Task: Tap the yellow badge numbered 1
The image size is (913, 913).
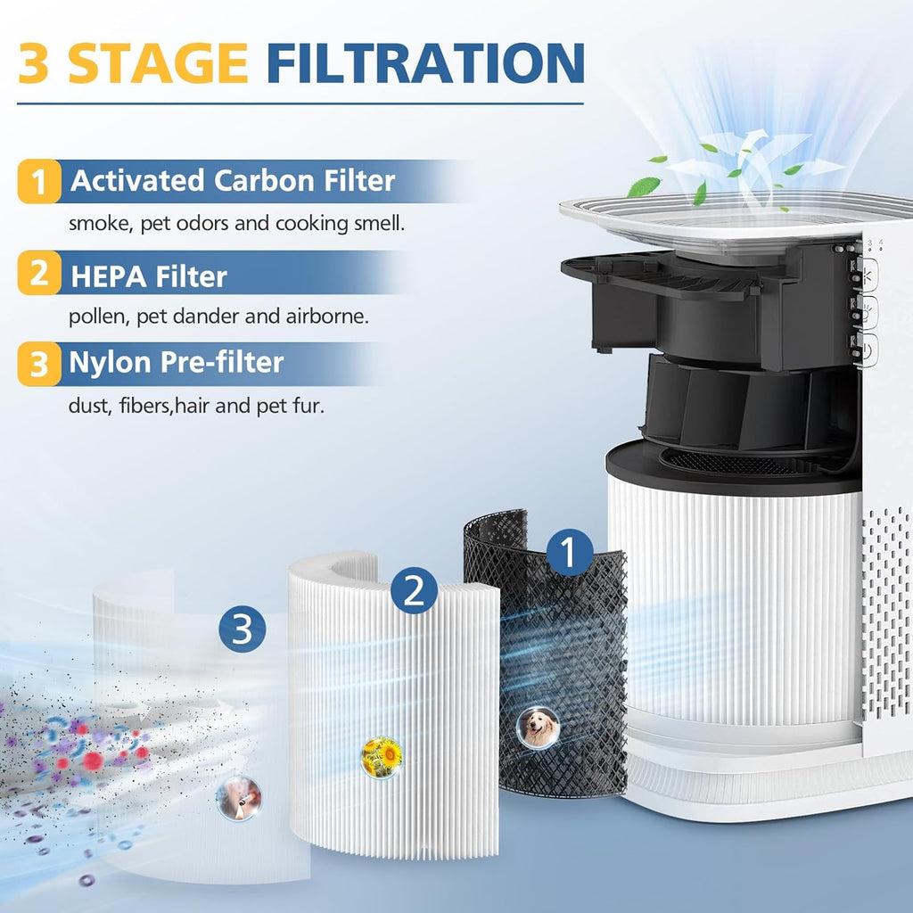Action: point(39,182)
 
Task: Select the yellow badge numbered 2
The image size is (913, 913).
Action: point(39,273)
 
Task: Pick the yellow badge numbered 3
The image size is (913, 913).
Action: point(39,364)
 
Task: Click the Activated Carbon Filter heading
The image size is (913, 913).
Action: point(232,181)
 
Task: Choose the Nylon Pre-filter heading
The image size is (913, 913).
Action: point(177,363)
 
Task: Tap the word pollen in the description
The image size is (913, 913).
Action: point(95,316)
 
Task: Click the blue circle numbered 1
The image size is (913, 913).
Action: point(569,552)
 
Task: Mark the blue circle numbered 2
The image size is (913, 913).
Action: point(414,590)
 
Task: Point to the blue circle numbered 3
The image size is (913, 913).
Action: point(243,629)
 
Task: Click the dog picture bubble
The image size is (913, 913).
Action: point(539,728)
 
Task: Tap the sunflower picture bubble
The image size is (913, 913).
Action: point(382,757)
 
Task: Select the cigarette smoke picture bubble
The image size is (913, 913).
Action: point(239,797)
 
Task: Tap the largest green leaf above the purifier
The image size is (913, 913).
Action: point(644,186)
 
